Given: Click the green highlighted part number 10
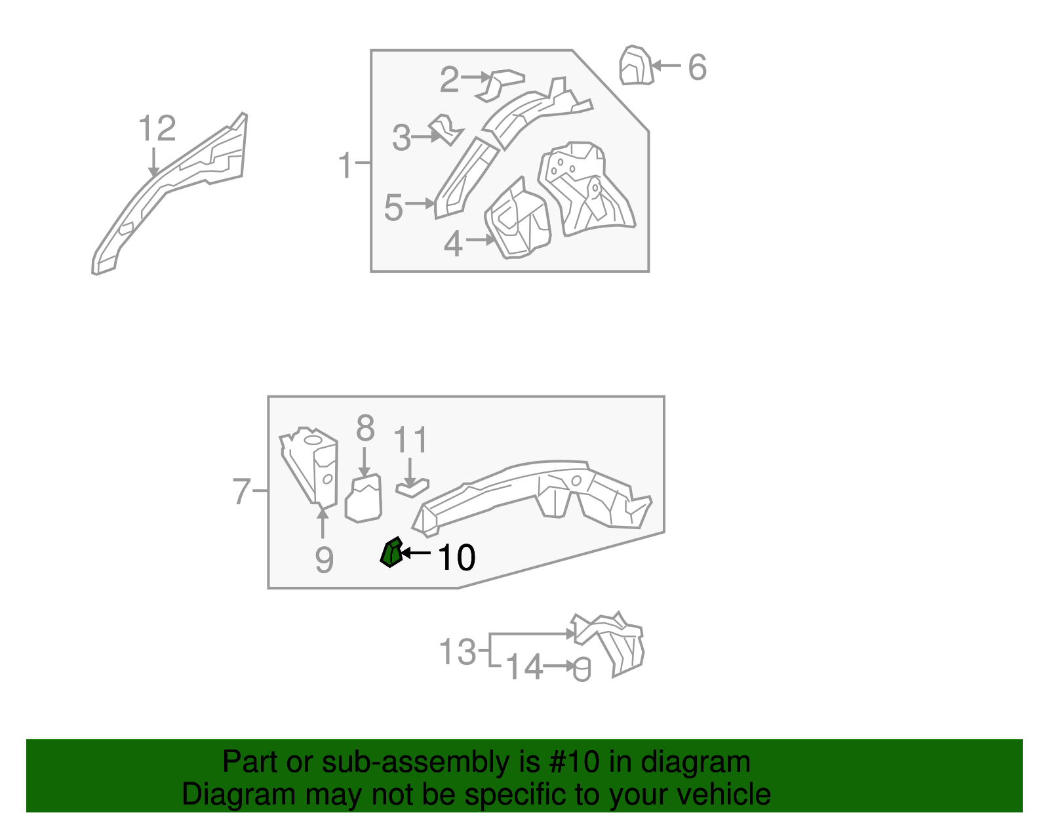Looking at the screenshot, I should [391, 553].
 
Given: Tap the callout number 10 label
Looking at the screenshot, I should [456, 557].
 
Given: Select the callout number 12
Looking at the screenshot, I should [157, 129].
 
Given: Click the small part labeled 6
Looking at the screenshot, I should [636, 66].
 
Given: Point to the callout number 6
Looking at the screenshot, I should [698, 68].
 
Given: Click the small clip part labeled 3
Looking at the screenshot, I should [446, 129].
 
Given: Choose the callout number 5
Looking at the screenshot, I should [393, 208].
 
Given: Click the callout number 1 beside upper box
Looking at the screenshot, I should [346, 165].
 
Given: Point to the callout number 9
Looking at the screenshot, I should [324, 560].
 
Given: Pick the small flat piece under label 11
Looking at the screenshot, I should [412, 488].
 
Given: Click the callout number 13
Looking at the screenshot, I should [457, 652].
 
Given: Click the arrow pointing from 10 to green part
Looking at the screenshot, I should [416, 553].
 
